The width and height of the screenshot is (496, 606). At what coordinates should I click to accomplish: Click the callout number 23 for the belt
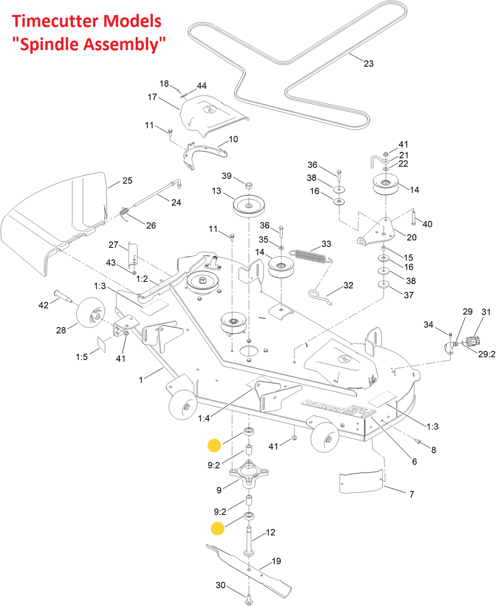pyautogui.click(x=368, y=64)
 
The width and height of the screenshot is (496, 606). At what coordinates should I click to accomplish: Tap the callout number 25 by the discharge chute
pyautogui.click(x=127, y=181)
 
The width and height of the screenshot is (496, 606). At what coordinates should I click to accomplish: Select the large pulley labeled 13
pyautogui.click(x=248, y=206)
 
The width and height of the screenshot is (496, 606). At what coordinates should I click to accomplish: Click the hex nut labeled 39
pyautogui.click(x=249, y=185)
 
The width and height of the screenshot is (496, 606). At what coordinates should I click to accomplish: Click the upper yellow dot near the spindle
pyautogui.click(x=214, y=445)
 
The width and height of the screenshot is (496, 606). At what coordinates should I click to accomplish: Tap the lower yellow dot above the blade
pyautogui.click(x=217, y=528)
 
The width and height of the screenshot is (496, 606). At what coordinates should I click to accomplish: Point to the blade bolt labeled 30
pyautogui.click(x=249, y=599)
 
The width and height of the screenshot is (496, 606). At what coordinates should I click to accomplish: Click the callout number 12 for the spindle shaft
pyautogui.click(x=270, y=532)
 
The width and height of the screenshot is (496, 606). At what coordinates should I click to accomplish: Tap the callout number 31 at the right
pyautogui.click(x=486, y=312)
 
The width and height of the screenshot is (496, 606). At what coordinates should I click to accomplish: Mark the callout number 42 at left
pyautogui.click(x=43, y=305)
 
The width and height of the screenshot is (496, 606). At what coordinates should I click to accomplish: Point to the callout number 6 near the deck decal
pyautogui.click(x=414, y=462)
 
